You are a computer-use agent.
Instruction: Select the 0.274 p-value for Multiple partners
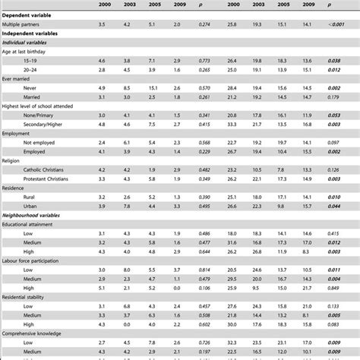tap(202, 25)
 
